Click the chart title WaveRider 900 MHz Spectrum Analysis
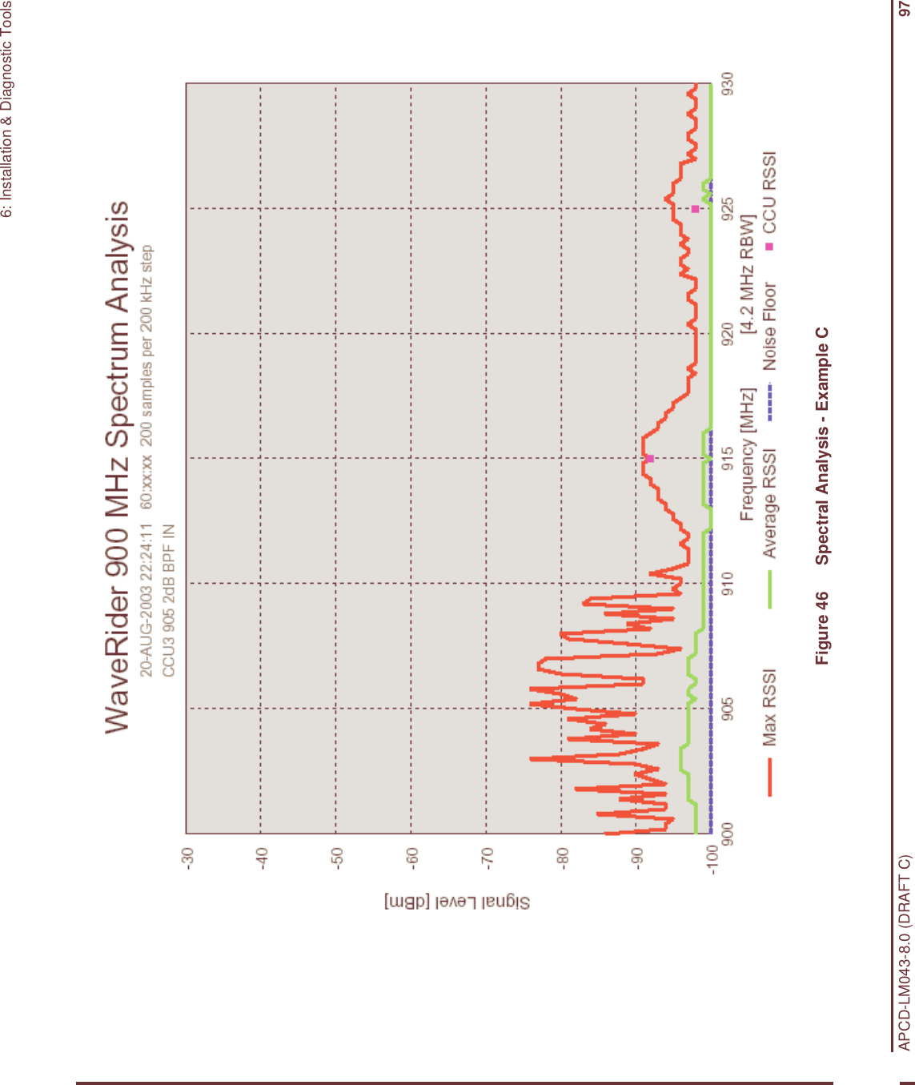tap(118, 466)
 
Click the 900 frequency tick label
tap(727, 833)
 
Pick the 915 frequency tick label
tap(727, 458)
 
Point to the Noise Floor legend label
tap(769, 327)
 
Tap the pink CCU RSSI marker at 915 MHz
tap(650, 459)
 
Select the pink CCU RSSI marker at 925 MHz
tap(696, 209)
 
